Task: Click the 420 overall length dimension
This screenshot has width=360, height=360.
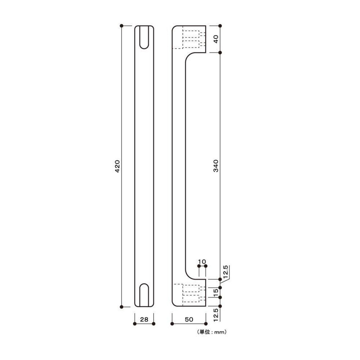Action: coord(117,166)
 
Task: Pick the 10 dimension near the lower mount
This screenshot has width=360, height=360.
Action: coord(202,261)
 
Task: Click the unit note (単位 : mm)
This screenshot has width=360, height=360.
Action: coord(212,332)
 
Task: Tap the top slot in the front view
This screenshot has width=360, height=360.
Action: coord(144,37)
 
